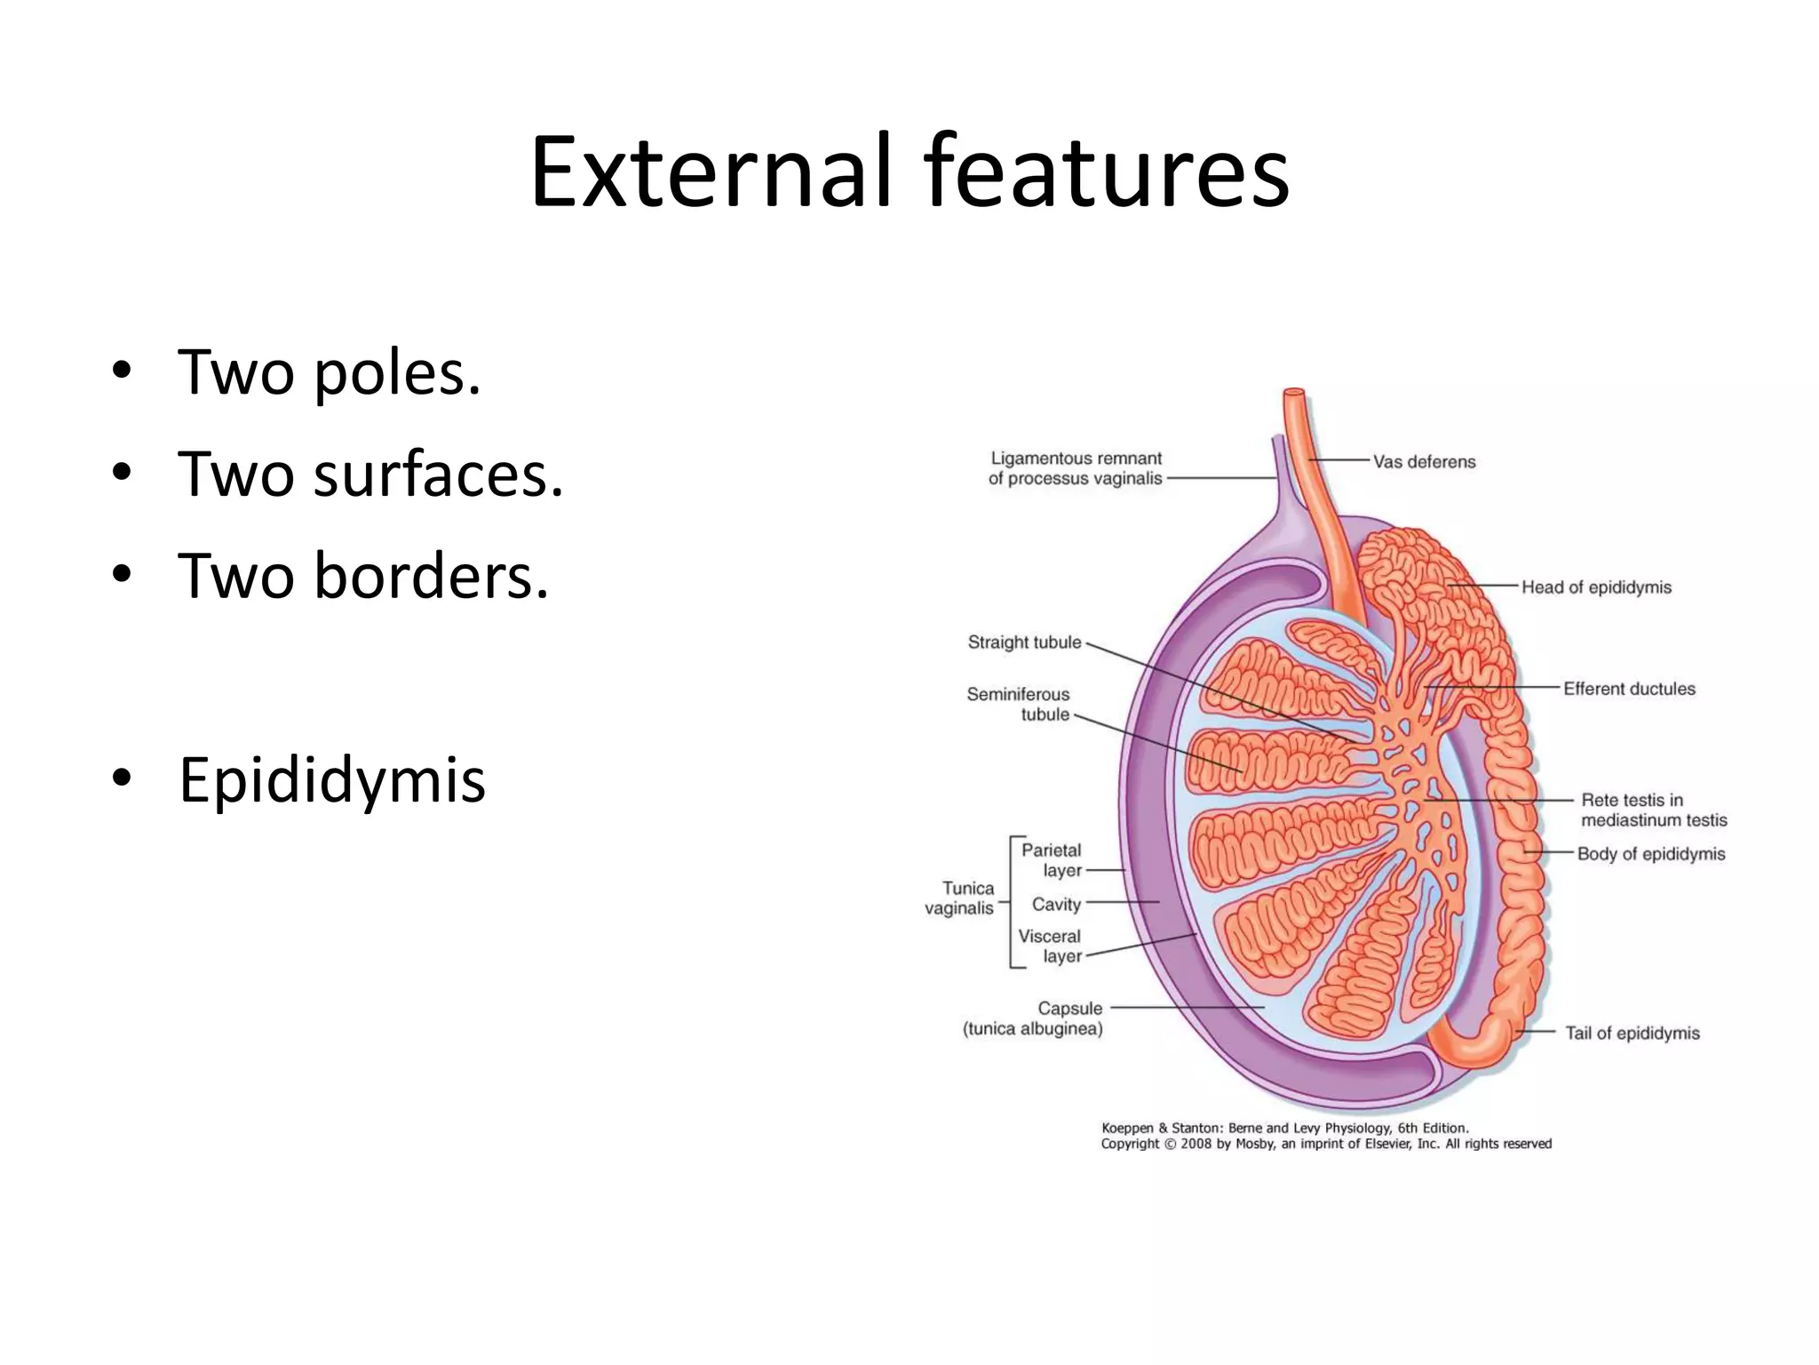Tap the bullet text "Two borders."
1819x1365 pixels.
pos(363,576)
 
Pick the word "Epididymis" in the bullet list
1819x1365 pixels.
pos(331,779)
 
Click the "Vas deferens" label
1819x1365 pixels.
pos(1424,461)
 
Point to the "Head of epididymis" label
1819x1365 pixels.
pos(1596,587)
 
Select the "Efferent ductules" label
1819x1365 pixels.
pos(1629,689)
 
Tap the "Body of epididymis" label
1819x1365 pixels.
pos(1650,854)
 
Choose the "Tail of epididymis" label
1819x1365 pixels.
pos(1632,1033)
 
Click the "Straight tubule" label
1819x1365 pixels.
pos(1024,642)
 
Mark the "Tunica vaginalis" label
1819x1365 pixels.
pos(960,898)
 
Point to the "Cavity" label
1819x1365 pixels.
pos(1056,905)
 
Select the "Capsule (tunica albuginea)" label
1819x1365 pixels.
pos(1033,1018)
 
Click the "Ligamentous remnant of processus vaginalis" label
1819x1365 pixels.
pos(1075,468)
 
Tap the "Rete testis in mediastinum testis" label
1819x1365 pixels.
pos(1653,810)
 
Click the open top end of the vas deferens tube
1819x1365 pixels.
pos(1294,392)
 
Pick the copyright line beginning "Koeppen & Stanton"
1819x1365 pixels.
pos(1284,1128)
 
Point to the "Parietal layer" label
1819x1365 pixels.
pos(1052,860)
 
